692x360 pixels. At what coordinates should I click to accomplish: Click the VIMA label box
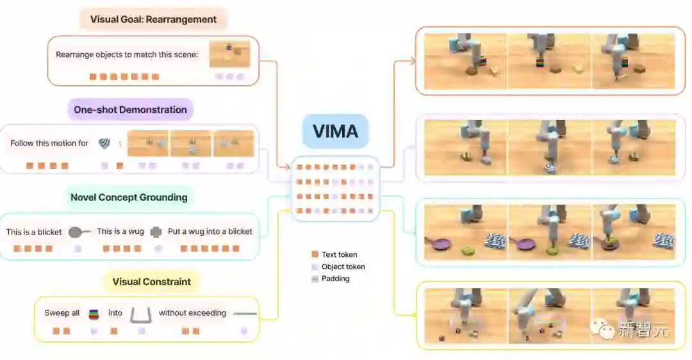pyautogui.click(x=335, y=131)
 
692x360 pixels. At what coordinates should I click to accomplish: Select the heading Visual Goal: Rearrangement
pyautogui.click(x=153, y=19)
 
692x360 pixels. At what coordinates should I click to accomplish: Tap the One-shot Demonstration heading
pyautogui.click(x=130, y=110)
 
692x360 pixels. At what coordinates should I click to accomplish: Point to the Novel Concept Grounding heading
pyautogui.click(x=129, y=197)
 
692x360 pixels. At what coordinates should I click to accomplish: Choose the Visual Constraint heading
pyautogui.click(x=151, y=281)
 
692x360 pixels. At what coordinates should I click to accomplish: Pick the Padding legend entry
pyautogui.click(x=334, y=279)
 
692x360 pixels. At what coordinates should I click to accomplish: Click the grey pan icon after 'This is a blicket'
pyautogui.click(x=79, y=232)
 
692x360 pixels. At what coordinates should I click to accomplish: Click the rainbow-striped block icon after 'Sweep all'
pyautogui.click(x=94, y=314)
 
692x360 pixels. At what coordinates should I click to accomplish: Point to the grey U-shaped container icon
pyautogui.click(x=140, y=314)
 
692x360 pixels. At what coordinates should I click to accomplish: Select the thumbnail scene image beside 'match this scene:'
pyautogui.click(x=229, y=54)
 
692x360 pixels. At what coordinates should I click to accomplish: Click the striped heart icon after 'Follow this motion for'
pyautogui.click(x=104, y=143)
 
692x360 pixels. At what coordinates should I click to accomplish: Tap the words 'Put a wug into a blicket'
pyautogui.click(x=210, y=231)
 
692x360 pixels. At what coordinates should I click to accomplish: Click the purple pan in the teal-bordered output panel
pyautogui.click(x=438, y=243)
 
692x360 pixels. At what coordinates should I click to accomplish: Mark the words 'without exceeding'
pyautogui.click(x=192, y=313)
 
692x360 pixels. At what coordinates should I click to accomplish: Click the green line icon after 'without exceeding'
pyautogui.click(x=245, y=314)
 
